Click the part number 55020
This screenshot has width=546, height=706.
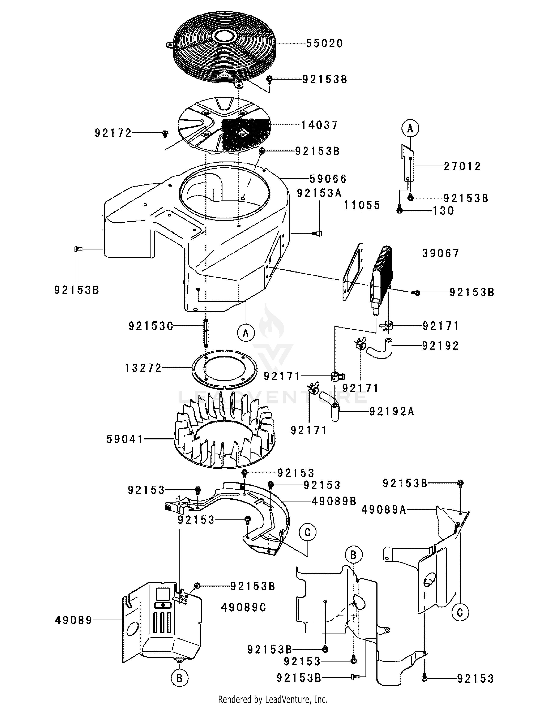pyautogui.click(x=324, y=43)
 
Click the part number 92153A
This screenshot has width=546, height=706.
pyautogui.click(x=319, y=193)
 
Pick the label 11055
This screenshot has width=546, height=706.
pyautogui.click(x=362, y=205)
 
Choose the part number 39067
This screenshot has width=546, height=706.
pyautogui.click(x=441, y=253)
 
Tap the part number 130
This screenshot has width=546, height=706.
pyautogui.click(x=443, y=211)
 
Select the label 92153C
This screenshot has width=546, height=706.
pyautogui.click(x=151, y=326)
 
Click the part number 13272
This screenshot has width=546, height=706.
pyautogui.click(x=143, y=368)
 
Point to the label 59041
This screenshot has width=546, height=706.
pyautogui.click(x=125, y=439)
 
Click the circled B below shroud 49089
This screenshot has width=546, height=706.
pyautogui.click(x=179, y=678)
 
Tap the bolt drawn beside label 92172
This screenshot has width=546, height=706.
pyautogui.click(x=165, y=133)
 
